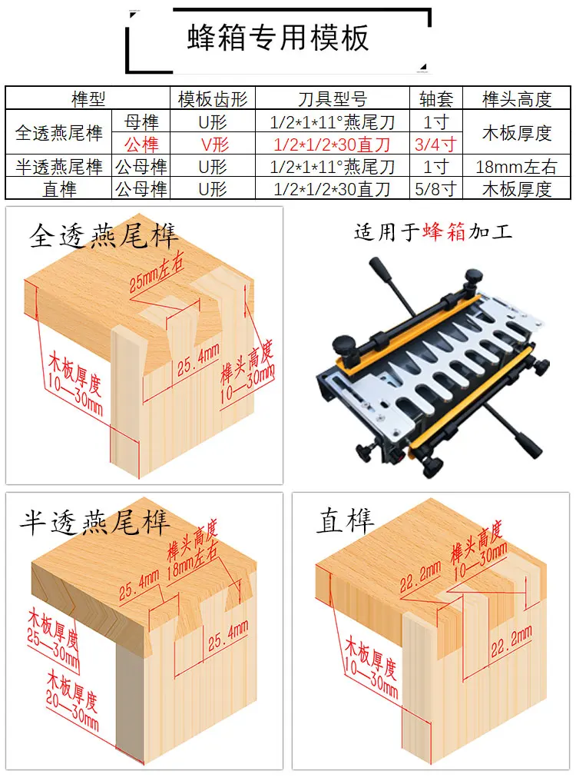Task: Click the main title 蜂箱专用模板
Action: pyautogui.click(x=278, y=38)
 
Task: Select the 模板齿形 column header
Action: pyautogui.click(x=212, y=98)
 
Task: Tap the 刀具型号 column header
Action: pyautogui.click(x=333, y=98)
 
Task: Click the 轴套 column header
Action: pyautogui.click(x=436, y=98)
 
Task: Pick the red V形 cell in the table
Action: pyautogui.click(x=212, y=144)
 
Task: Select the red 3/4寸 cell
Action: pyautogui.click(x=436, y=144)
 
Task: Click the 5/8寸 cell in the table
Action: pyautogui.click(x=436, y=189)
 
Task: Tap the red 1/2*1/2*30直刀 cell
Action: pyautogui.click(x=333, y=144)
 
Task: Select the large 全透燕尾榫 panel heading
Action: pyautogui.click(x=104, y=235)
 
